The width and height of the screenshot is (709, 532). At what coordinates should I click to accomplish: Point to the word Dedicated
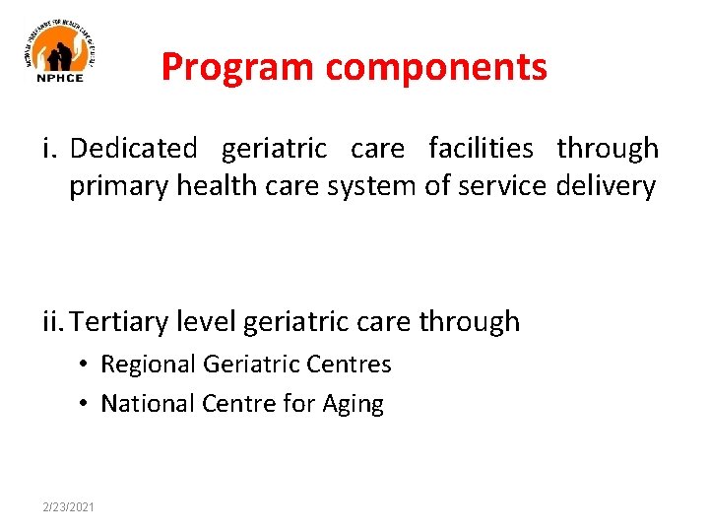point(134,149)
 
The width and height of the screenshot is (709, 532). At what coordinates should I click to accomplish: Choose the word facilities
point(481,149)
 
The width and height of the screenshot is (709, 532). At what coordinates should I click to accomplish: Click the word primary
point(118,186)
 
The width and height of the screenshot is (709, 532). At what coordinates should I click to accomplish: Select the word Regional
point(149,365)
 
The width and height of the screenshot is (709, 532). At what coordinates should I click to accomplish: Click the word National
point(148,403)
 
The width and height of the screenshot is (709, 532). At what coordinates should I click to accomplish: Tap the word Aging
point(354,404)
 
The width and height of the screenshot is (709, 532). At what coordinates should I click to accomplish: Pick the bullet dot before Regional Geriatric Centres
point(86,366)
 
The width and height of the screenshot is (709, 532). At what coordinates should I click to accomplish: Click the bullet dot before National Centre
point(86,404)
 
